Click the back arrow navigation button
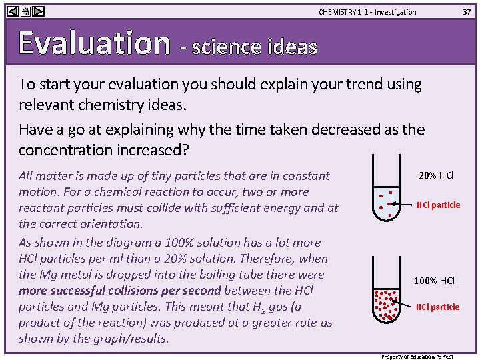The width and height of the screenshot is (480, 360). point(12,11)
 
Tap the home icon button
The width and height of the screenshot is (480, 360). point(25,11)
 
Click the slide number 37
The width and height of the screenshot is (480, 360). point(467,12)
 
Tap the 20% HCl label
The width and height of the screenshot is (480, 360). point(436,176)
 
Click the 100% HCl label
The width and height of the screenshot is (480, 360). point(433,281)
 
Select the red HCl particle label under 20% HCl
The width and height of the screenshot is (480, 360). point(438,205)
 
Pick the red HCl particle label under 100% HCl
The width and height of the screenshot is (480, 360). point(437,307)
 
